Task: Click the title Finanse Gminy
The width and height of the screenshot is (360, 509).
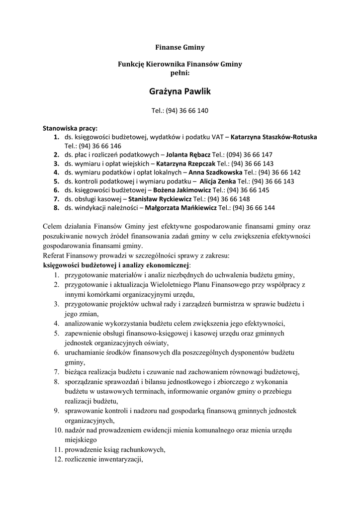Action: tap(180, 48)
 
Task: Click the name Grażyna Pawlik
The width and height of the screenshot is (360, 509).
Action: tap(180, 91)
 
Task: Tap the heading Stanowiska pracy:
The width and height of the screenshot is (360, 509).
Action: tap(70, 128)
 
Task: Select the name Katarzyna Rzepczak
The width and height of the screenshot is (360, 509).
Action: tap(186, 163)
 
